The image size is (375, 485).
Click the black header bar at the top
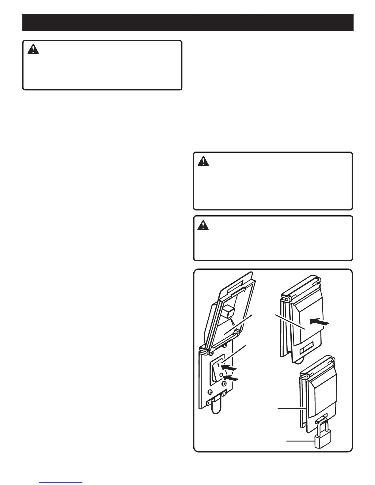(x=187, y=22)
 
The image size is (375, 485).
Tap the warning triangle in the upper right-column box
(x=203, y=161)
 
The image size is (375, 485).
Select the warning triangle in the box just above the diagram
(x=203, y=226)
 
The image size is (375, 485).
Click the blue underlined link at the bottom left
(x=61, y=483)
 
